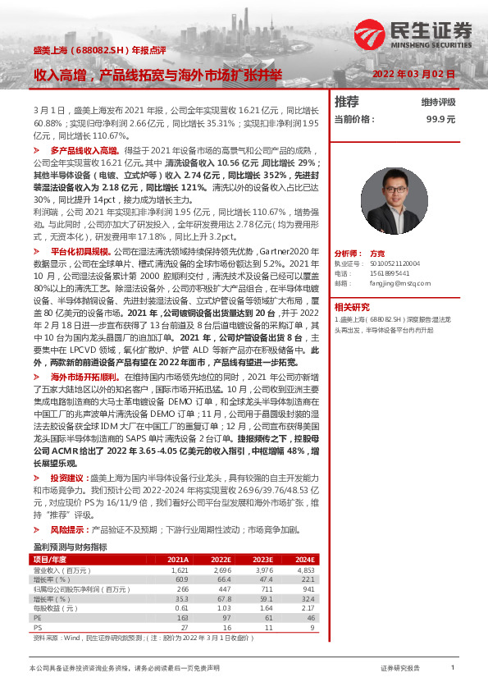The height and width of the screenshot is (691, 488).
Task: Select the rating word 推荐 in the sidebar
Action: (x=347, y=102)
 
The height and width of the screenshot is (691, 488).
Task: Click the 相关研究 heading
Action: (x=353, y=306)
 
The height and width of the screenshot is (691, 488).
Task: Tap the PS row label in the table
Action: (x=37, y=627)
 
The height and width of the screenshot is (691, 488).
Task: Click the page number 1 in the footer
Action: (x=453, y=668)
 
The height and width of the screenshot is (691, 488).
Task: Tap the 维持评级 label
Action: (x=438, y=103)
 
